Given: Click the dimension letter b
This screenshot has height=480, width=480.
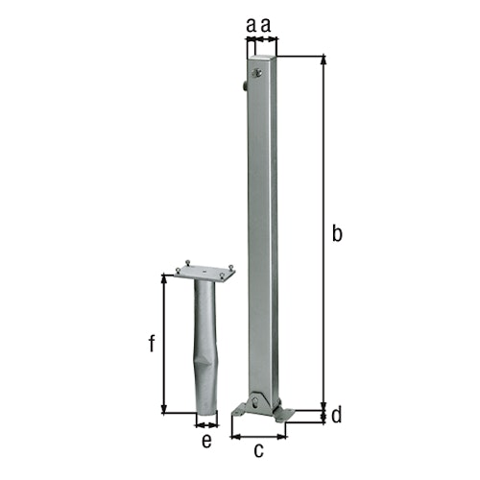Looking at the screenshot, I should click(336, 232).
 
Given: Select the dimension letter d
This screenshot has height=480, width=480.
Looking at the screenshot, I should click(336, 416).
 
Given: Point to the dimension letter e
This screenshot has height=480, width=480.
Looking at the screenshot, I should click(205, 440).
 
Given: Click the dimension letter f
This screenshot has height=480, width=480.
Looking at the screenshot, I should click(152, 344).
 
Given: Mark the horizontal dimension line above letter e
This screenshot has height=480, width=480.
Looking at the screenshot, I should click(205, 423).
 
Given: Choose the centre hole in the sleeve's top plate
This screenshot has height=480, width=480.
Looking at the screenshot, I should click(204, 271).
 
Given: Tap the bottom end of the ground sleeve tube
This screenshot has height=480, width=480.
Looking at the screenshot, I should click(205, 413).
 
